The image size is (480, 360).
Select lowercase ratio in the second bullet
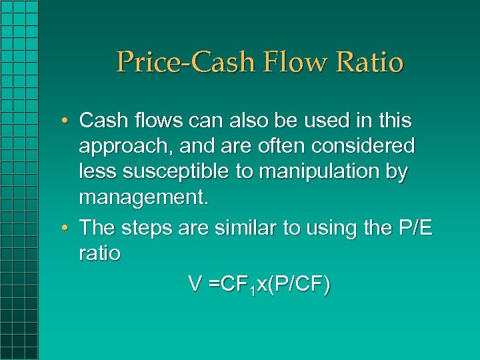99,253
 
